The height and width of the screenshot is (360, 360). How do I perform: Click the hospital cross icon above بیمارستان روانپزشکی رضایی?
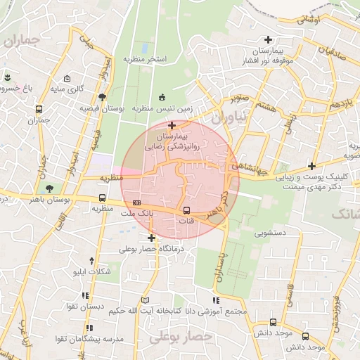pos(172,125)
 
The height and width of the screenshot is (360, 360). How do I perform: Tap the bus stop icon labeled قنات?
pos(186,210)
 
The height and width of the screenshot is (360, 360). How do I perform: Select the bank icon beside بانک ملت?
pos(136,202)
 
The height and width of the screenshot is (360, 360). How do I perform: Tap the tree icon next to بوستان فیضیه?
pos(103,97)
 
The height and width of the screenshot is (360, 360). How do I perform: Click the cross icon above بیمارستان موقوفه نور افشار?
pos(267,39)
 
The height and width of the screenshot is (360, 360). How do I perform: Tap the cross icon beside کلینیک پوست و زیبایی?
pos(311,167)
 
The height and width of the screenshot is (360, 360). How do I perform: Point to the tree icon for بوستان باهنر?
pos(49,188)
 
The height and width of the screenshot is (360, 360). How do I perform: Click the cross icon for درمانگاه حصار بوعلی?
pos(151,238)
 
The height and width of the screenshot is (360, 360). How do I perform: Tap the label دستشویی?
pos(270,230)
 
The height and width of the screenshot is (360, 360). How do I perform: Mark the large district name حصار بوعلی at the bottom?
pos(181,337)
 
